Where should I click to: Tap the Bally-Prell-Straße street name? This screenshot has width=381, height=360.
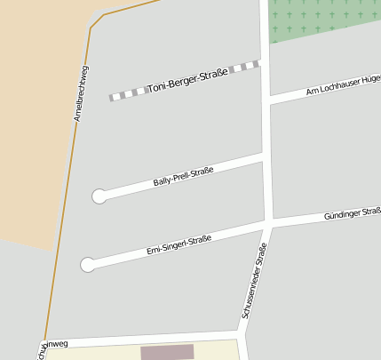pos(183,174)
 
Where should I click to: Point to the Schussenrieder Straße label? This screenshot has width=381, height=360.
pos(254,282)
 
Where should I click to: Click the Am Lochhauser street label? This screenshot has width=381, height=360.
pos(342,86)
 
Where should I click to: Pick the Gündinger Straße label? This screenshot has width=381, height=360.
pos(352,214)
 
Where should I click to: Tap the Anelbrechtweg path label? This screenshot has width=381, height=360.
pos(81,93)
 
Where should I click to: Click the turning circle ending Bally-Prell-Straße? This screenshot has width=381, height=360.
pos(99,196)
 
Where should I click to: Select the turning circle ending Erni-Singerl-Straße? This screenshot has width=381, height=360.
pos(87,264)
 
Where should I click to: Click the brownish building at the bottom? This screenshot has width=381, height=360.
pos(167,352)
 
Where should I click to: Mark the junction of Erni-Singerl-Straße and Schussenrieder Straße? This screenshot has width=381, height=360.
pos(268,223)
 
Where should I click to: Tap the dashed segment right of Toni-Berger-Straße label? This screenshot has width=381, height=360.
pos(243,67)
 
